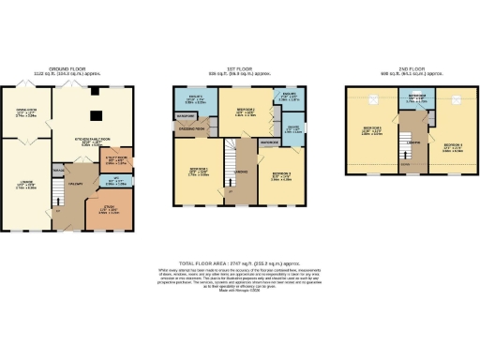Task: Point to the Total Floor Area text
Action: pyautogui.click(x=240, y=262)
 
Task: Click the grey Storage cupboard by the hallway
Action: pyautogui.click(x=58, y=170)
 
